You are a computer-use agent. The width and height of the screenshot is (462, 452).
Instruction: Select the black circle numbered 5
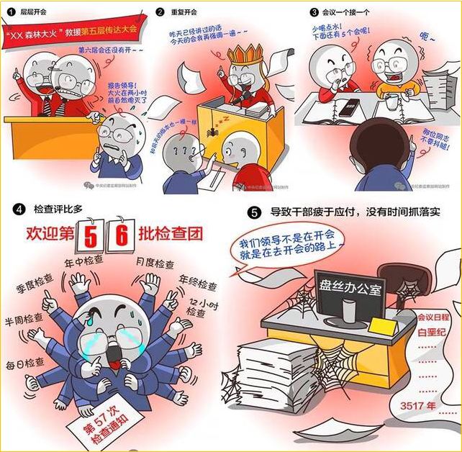pyautogui.click(x=253, y=214)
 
